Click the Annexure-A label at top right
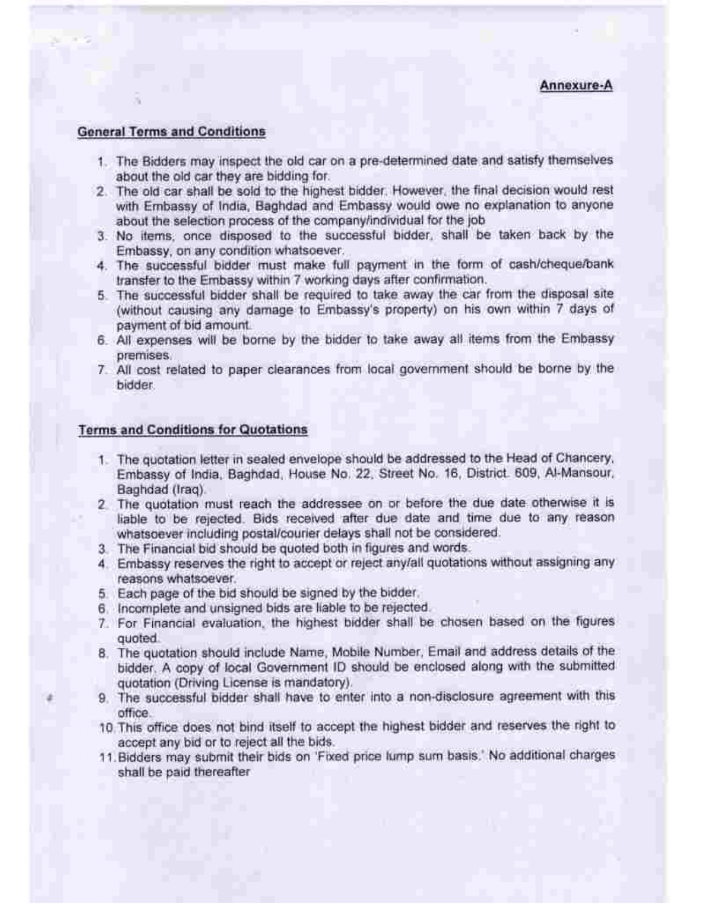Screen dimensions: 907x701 pyautogui.click(x=576, y=86)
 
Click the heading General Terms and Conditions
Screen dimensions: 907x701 pyautogui.click(x=171, y=132)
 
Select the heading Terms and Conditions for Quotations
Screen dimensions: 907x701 pyautogui.click(x=192, y=429)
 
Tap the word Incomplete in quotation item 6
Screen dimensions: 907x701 pyautogui.click(x=145, y=609)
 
